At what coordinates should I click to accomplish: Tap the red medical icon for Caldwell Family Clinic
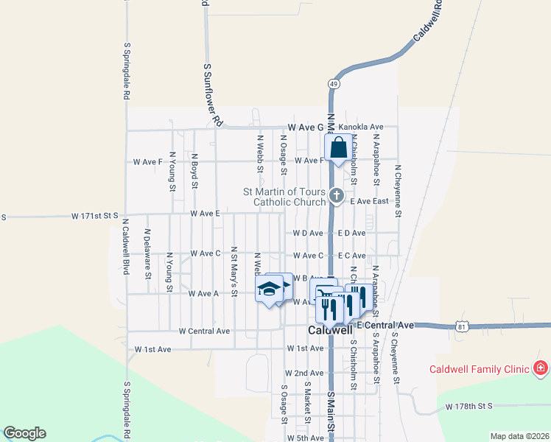coord(540,367)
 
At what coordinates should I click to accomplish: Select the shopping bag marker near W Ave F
coord(337,148)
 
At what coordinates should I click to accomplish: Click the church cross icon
coord(337,196)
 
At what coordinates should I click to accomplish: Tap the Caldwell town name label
coord(329,331)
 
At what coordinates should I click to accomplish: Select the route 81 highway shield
coord(461,326)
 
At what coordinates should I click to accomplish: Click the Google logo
coord(24,433)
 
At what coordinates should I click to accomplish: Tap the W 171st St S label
coord(95,216)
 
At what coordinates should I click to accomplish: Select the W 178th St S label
coord(468,406)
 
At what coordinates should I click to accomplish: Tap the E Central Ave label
coord(386,325)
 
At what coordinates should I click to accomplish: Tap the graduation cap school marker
coord(269,289)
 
